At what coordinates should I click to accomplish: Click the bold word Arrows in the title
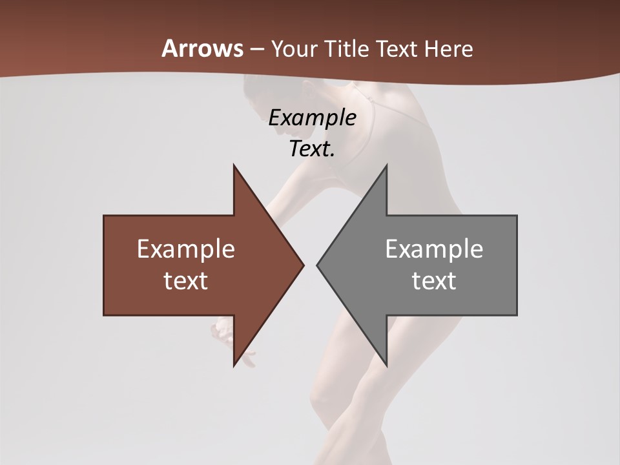[202, 48]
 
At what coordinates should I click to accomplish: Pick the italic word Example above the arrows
[313, 118]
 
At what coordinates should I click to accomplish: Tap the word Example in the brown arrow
[186, 249]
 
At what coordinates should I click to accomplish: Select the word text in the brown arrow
[186, 281]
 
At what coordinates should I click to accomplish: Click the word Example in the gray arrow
[434, 249]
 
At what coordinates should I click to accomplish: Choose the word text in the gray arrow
[434, 281]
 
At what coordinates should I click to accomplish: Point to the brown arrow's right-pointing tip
[302, 265]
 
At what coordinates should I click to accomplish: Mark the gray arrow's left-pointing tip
[318, 265]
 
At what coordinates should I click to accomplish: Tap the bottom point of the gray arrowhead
[386, 365]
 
